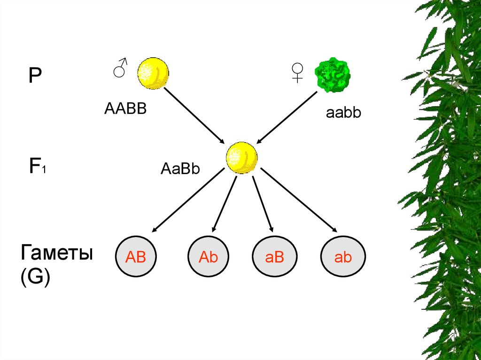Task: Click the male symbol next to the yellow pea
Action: click(120, 68)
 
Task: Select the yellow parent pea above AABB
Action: click(153, 73)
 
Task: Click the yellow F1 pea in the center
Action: click(241, 158)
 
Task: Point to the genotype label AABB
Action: click(125, 109)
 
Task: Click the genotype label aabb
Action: click(343, 113)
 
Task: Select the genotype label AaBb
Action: click(180, 168)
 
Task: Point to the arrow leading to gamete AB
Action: click(188, 200)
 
